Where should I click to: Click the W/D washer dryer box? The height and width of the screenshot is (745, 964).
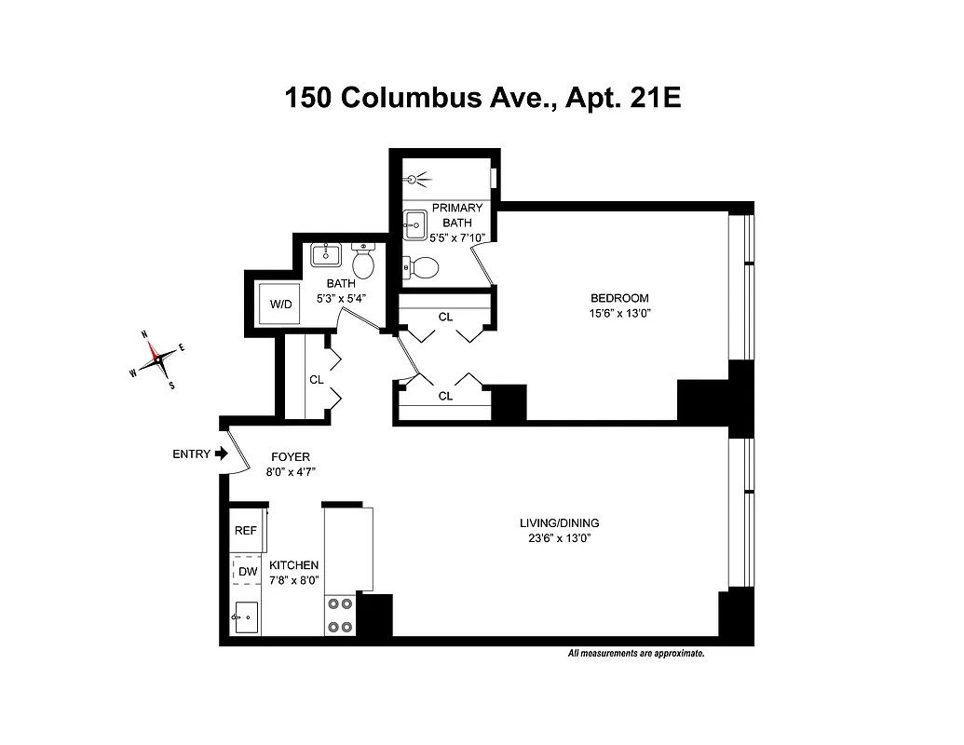[280, 304]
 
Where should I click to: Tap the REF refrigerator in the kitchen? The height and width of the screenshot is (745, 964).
[246, 530]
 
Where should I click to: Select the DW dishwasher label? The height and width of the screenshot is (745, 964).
[247, 571]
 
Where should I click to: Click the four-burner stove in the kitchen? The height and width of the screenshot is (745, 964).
[340, 616]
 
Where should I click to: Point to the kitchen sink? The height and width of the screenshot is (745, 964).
[246, 616]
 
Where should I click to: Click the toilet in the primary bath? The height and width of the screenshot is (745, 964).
[424, 268]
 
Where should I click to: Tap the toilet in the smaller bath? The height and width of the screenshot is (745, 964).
[364, 262]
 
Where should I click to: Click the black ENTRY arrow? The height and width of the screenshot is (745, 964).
[221, 454]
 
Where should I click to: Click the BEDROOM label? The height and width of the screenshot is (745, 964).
[618, 298]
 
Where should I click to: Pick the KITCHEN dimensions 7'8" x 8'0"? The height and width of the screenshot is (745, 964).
[293, 579]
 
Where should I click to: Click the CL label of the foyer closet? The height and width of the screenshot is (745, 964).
[317, 380]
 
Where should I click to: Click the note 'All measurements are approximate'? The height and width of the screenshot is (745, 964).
[635, 654]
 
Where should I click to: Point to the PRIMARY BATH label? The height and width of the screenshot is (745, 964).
[457, 215]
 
